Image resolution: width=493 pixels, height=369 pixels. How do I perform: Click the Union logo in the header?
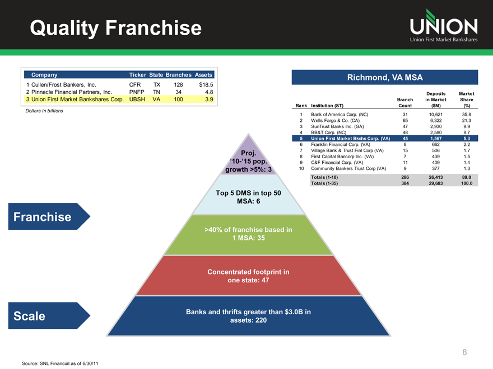[443, 26]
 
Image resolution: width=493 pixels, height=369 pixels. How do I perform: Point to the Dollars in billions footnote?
[44, 111]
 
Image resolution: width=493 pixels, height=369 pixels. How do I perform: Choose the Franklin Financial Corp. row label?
[339, 145]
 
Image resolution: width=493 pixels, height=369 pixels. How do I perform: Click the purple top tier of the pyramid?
[249, 161]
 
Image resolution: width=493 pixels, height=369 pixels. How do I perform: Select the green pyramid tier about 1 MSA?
[249, 234]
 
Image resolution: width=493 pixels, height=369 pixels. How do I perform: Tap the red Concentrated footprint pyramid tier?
[249, 276]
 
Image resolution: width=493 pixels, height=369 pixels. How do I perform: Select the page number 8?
[464, 352]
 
